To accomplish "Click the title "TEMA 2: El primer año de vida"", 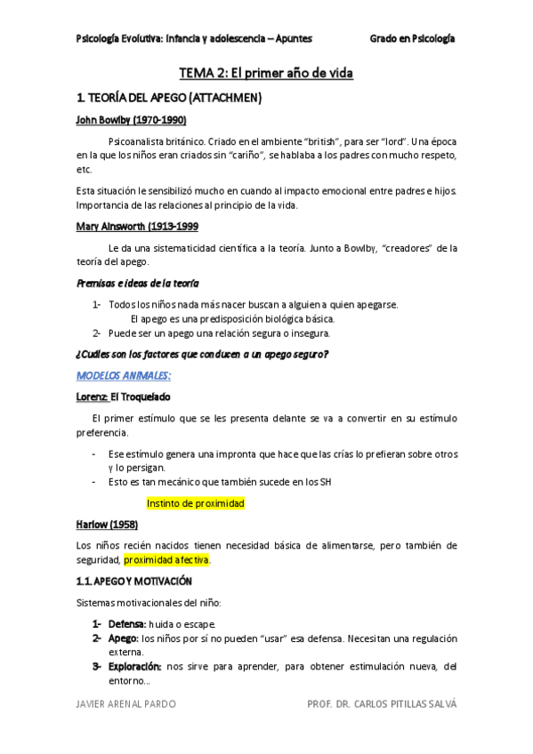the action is click(266, 73).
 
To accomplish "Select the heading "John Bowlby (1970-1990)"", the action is click(130, 120).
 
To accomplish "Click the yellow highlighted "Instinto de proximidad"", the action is click(195, 503).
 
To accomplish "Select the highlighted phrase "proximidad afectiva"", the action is click(167, 560).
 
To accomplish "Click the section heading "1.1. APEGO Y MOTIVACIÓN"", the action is click(134, 582).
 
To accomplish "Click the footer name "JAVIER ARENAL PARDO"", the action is click(125, 704).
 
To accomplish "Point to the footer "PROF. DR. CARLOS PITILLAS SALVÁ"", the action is click(381, 704).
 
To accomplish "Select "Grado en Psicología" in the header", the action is click(413, 38).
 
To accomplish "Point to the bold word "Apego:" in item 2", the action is click(122, 638).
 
